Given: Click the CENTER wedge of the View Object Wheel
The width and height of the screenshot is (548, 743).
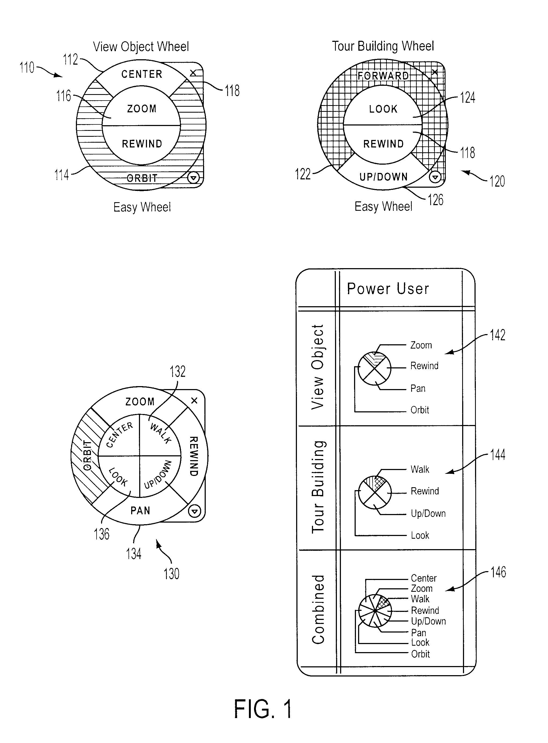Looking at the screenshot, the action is (142, 74).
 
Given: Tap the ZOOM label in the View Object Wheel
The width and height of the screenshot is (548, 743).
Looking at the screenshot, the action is (142, 109).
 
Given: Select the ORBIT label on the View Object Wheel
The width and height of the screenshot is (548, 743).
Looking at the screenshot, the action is (142, 178).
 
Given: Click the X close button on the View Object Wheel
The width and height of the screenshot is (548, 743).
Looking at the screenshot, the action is (193, 73).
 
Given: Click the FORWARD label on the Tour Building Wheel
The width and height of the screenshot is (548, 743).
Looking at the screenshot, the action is (383, 76).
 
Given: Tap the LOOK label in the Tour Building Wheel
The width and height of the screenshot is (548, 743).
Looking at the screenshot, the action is (383, 109).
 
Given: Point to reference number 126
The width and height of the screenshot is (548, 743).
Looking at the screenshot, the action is (435, 200).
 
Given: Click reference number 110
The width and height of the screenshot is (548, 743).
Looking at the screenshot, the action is (27, 68).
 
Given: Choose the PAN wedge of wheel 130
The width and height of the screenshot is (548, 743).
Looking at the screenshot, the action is (140, 511).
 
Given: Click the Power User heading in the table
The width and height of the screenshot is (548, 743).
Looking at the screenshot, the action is (388, 289).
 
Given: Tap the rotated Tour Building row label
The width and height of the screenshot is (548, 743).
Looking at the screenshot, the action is (318, 487).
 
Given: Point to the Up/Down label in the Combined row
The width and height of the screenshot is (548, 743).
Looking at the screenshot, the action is (428, 621).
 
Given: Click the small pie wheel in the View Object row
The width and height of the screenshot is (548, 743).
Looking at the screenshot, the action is (374, 368).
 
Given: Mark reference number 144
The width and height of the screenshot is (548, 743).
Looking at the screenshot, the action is (498, 454).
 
